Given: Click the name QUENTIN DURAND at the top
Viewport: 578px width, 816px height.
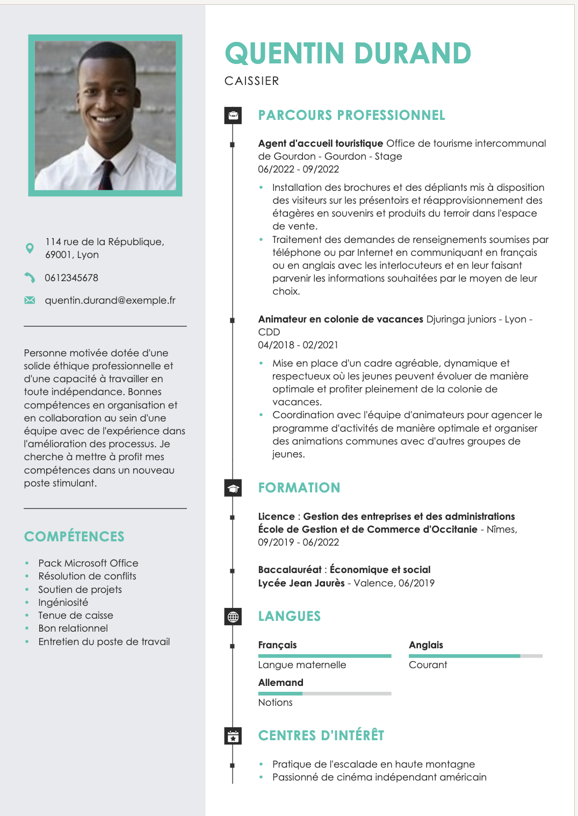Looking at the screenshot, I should (348, 53).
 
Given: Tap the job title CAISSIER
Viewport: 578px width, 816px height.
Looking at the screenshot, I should (251, 81).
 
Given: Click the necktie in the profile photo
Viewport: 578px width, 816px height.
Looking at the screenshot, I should (106, 174).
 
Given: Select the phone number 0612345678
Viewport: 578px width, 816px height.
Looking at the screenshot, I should (71, 278).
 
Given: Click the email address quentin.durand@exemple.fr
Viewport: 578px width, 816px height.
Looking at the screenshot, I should (110, 300).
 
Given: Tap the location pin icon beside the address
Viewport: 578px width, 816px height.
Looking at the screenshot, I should (30, 248).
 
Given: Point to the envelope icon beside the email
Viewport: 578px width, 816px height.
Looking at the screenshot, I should (30, 300).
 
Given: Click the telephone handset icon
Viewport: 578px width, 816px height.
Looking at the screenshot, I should (30, 278).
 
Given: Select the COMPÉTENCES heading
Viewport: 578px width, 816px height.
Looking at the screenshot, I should (74, 536).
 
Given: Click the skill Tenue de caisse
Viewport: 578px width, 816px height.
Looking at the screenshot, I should (76, 615).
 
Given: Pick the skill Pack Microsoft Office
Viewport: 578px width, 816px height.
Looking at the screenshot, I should (88, 563).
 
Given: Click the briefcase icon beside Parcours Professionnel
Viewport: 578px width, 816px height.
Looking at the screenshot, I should (233, 115).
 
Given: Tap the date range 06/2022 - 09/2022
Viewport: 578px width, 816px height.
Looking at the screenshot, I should (299, 169).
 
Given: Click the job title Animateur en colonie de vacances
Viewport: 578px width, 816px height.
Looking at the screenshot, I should (341, 319).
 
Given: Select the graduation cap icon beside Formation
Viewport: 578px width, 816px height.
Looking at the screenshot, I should (233, 488).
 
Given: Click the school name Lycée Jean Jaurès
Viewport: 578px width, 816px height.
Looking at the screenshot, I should (301, 583).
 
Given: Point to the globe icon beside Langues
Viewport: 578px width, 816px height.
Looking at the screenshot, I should (233, 617).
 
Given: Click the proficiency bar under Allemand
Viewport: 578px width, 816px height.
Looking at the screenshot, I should (324, 693).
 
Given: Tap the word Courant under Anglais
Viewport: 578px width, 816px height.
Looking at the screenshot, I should (428, 665).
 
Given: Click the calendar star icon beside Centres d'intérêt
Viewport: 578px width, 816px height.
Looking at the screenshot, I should (233, 736).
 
